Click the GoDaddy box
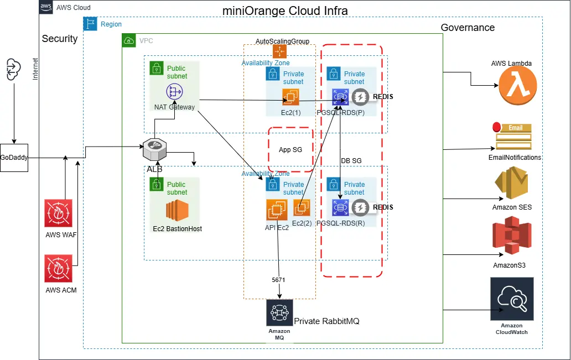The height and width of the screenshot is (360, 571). (x=14, y=157)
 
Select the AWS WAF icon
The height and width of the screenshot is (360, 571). (x=59, y=213)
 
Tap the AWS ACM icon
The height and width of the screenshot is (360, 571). (x=59, y=269)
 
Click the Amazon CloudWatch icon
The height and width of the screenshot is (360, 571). (x=512, y=299)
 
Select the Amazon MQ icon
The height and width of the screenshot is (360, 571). (x=279, y=314)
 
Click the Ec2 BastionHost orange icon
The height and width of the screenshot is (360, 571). (x=177, y=211)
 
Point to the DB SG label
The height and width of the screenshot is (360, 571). (x=350, y=160)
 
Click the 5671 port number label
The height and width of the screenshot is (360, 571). (x=278, y=280)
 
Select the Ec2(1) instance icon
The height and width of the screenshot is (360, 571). (x=290, y=98)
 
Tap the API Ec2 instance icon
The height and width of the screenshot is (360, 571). (x=277, y=210)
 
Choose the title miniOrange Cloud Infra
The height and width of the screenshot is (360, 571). (x=285, y=11)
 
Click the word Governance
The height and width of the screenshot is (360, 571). (x=468, y=28)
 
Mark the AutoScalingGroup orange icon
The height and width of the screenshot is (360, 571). (x=279, y=51)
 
